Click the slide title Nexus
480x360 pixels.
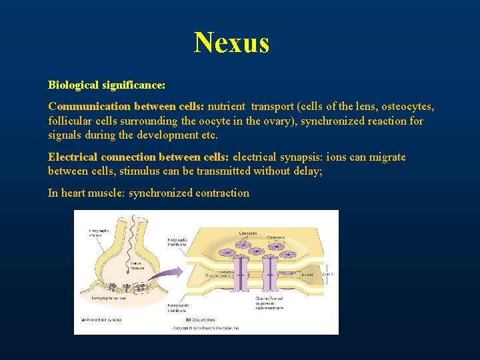click(232, 43)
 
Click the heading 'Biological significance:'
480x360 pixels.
click(107, 85)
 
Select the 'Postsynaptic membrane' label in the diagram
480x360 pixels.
click(179, 309)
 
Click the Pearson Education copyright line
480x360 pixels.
click(207, 329)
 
